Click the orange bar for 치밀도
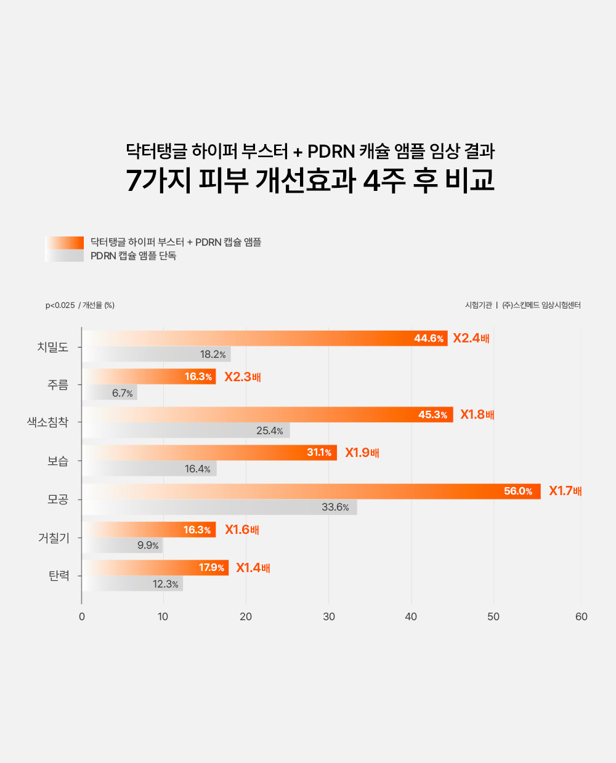[265, 338]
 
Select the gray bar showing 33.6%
[219, 507]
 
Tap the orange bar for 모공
[311, 491]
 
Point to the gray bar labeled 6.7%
[110, 393]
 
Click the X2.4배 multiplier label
[471, 338]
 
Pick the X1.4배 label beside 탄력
[253, 568]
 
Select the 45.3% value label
[433, 414]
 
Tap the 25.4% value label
[270, 430]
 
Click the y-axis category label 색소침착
[47, 422]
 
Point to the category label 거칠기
[54, 538]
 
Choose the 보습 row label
[58, 461]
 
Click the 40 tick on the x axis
[411, 616]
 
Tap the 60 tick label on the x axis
[581, 616]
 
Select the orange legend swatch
[65, 242]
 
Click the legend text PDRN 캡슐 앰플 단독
[134, 256]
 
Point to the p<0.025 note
[60, 305]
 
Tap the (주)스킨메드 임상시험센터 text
[541, 305]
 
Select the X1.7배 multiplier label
[565, 491]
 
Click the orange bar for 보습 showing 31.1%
[209, 453]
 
